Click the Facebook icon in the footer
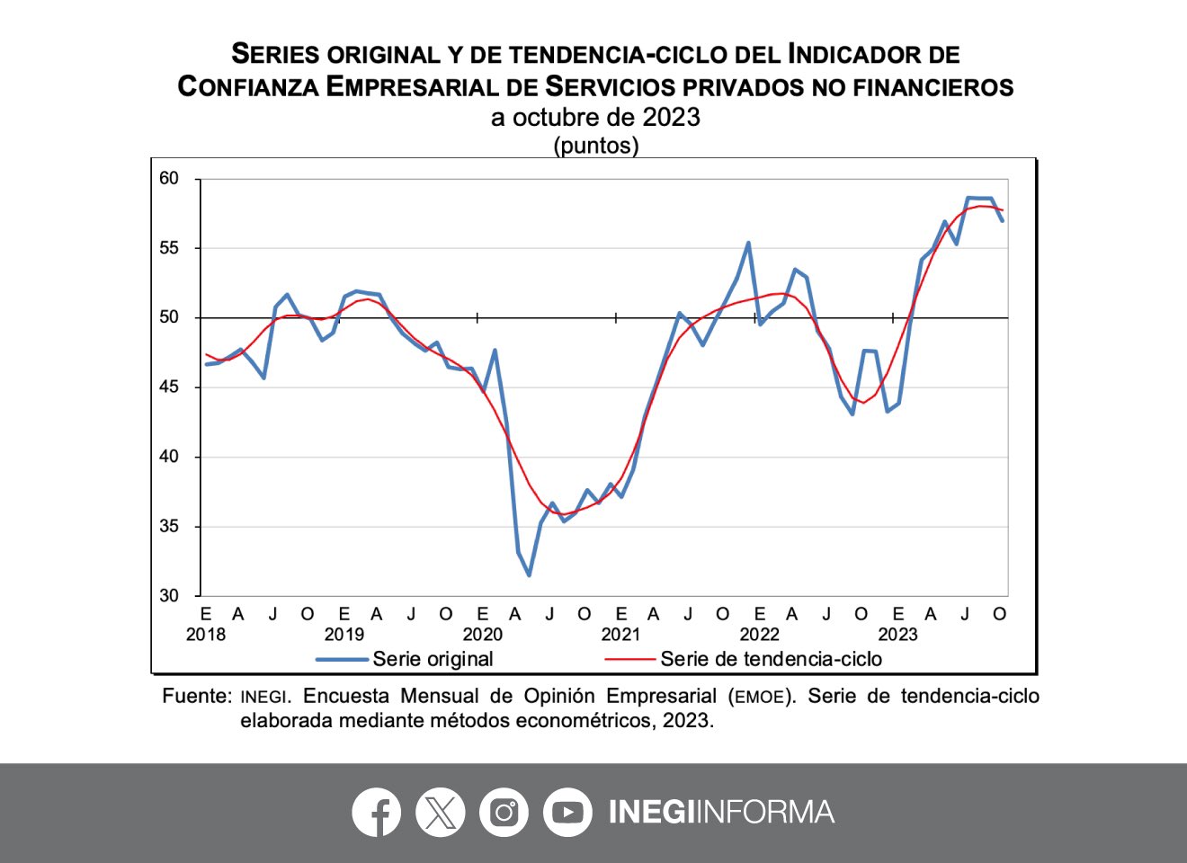pos(377,812)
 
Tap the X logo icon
pos(441,812)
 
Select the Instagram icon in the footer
pos(504,812)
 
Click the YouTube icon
pos(567,812)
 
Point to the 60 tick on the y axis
pos(169,179)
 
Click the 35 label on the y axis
pos(169,526)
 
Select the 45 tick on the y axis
pos(169,387)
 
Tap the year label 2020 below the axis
pos(483,635)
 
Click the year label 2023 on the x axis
pos(897,635)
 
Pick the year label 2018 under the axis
pos(206,635)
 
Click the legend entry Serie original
pos(433,659)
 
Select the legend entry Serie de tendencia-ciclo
pos(771,659)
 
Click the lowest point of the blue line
pos(529,575)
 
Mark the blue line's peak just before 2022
pos(748,243)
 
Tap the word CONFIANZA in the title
pos(248,86)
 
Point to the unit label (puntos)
pos(595,145)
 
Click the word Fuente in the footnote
pos(197,696)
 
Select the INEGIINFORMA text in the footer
pos(721,812)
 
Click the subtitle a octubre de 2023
pos(595,117)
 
